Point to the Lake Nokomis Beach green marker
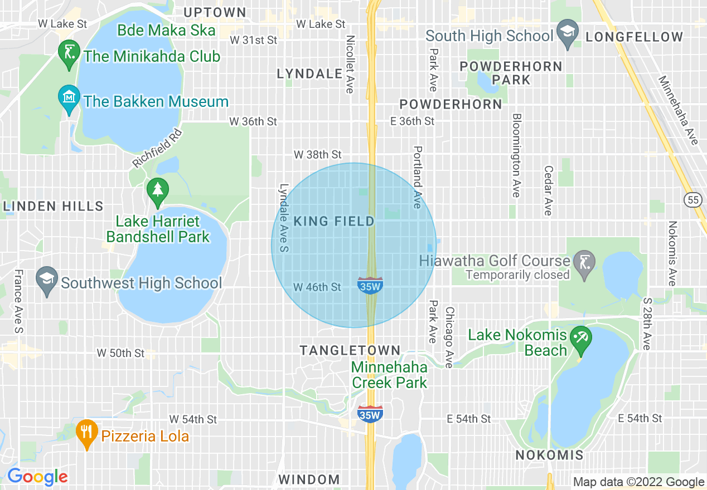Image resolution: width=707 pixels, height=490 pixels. point(582,340)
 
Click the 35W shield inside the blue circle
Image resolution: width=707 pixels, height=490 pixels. point(370,285)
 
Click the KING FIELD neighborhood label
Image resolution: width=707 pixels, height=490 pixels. point(334,222)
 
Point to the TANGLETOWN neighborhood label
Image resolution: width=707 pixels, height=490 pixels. point(350,350)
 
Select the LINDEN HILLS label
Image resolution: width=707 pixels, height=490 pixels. point(54,206)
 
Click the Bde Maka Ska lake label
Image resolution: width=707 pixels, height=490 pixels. point(167,30)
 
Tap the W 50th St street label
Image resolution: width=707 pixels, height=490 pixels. point(120,353)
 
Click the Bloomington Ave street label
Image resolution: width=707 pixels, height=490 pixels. point(516,155)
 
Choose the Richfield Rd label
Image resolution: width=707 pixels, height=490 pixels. point(158,149)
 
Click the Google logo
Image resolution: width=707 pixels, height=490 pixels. point(37,477)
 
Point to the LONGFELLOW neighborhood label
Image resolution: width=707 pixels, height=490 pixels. point(634,37)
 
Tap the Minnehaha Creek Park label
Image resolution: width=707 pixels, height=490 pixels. point(389,375)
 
